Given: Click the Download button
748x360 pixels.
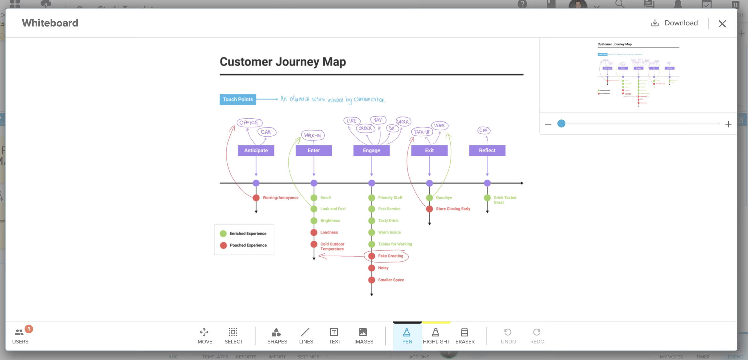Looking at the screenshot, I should tap(675, 23).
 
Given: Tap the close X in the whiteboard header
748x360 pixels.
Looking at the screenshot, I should tap(722, 24).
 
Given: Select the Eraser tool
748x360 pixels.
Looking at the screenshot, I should tap(465, 335).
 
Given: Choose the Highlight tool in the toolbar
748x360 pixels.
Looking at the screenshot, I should tap(436, 335).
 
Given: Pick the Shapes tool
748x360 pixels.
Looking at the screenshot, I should tap(277, 335).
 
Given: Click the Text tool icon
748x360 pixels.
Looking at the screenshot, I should tap(334, 335).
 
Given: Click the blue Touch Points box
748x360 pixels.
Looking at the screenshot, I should tap(238, 99).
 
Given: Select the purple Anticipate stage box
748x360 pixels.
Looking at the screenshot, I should tap(256, 150).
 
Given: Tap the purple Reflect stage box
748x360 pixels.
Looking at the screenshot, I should tap(487, 150).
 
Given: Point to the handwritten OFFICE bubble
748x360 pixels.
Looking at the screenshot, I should tap(249, 123).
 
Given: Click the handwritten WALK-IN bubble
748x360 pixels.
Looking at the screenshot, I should tap(312, 135).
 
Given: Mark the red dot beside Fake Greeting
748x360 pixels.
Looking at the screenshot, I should tap(372, 256).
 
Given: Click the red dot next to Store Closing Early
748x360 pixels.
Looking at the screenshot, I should tap(429, 209).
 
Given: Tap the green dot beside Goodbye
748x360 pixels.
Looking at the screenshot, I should tap(429, 198).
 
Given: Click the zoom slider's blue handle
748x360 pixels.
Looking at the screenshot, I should tap(561, 123).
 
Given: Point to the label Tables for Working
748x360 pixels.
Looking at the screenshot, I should tap(395, 244).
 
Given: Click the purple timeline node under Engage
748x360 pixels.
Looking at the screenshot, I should tap(372, 183).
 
